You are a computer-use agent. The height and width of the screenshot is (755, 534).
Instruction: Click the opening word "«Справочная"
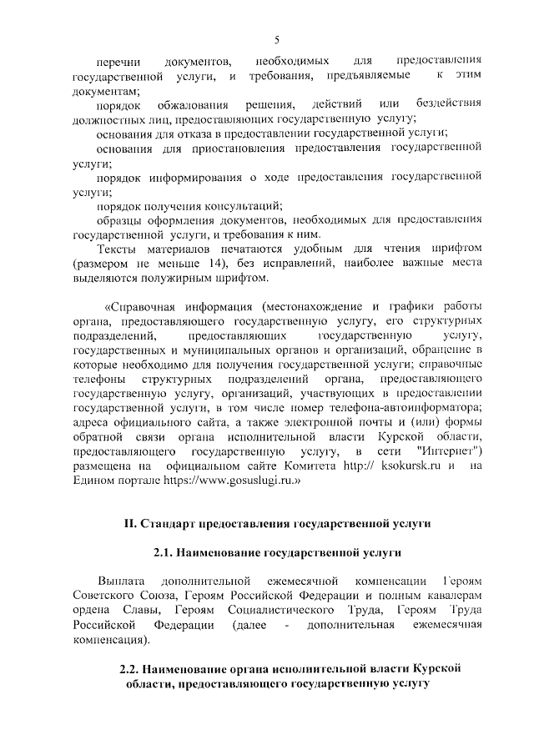coord(136,306)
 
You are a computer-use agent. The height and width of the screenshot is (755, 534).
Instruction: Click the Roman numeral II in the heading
coord(129,523)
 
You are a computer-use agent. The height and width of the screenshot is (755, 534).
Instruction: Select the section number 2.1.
coord(164,552)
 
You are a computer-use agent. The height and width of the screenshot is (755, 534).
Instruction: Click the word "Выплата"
coord(121,581)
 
